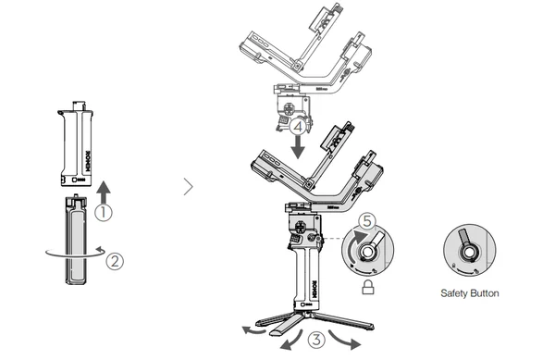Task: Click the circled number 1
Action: (x=104, y=212)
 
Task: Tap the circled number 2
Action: (x=115, y=262)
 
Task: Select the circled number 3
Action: (x=316, y=339)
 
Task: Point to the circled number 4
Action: (x=298, y=127)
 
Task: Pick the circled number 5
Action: (x=367, y=221)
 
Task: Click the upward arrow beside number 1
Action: (x=104, y=192)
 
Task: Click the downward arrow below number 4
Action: (x=298, y=147)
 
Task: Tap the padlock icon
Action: (x=368, y=287)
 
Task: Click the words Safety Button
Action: (x=470, y=293)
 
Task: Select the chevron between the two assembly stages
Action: (x=189, y=187)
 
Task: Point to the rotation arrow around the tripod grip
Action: (x=76, y=253)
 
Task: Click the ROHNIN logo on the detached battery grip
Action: (x=88, y=161)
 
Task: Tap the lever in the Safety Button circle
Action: (x=463, y=237)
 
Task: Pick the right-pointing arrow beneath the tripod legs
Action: (x=344, y=340)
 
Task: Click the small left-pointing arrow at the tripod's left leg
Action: (x=253, y=330)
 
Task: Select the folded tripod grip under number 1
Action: (x=76, y=240)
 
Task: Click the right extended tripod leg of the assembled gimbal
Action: (x=344, y=321)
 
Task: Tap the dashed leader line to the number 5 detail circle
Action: (x=332, y=239)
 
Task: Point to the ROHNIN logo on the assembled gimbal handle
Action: (x=314, y=289)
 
